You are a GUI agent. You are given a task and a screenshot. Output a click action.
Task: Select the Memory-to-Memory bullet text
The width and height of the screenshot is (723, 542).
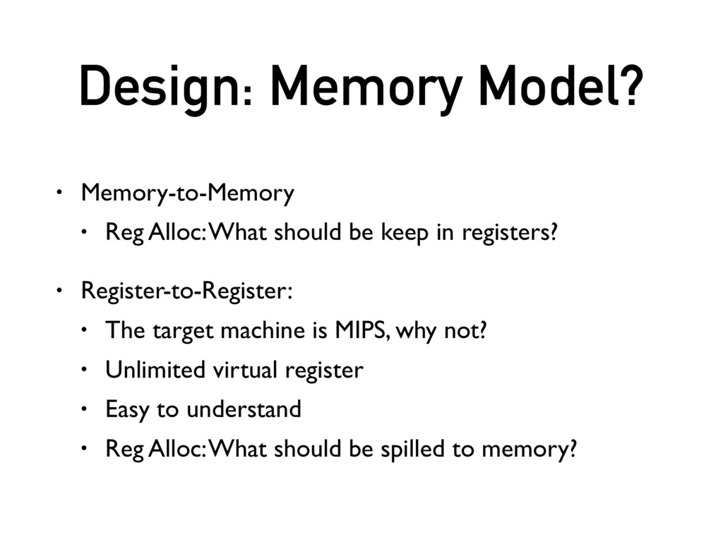tap(187, 193)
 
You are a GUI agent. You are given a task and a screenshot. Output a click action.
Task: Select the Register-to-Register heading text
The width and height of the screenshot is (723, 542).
tap(186, 290)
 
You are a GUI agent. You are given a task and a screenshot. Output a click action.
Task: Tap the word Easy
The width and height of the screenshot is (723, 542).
tap(129, 409)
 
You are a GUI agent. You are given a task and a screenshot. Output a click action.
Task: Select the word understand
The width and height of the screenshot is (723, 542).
tap(244, 409)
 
